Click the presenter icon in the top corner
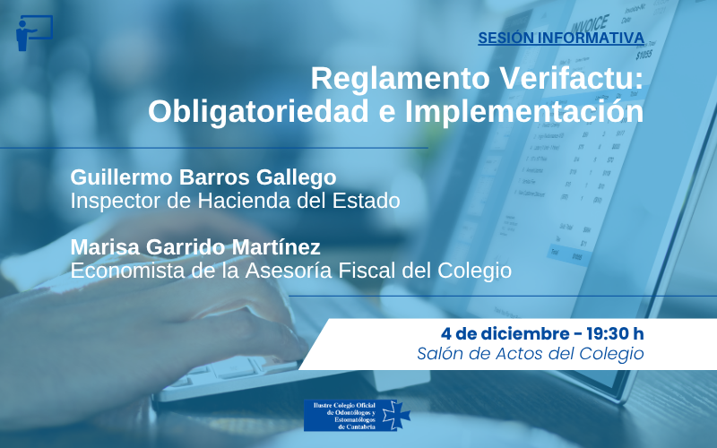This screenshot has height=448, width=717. click(x=33, y=33)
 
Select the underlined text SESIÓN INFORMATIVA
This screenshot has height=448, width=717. click(x=560, y=38)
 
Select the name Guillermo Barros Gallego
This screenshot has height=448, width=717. click(x=203, y=177)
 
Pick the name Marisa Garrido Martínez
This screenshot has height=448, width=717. click(x=194, y=247)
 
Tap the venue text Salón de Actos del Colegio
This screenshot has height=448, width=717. click(x=530, y=353)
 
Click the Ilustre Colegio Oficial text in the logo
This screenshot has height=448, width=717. click(x=341, y=406)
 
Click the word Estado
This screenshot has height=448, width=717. click(x=370, y=200)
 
